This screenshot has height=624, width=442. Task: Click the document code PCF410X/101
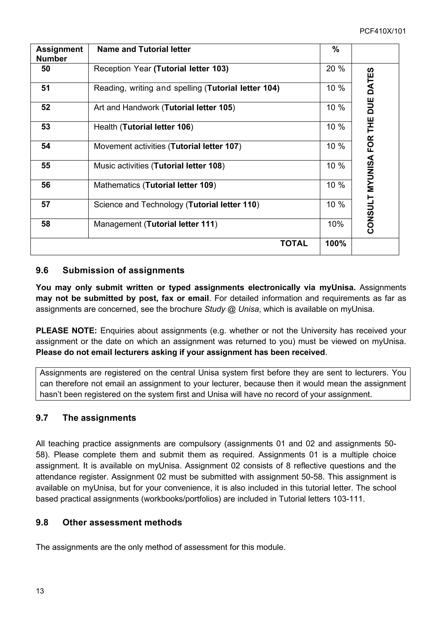point(382,31)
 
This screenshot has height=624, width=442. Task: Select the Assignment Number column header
point(59,54)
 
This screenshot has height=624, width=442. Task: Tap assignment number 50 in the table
point(46,69)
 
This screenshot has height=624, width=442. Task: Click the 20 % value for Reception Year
point(335,69)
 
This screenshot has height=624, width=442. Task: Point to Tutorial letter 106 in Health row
point(156,127)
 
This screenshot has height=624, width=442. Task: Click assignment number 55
point(46,166)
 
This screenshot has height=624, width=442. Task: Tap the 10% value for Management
point(335,224)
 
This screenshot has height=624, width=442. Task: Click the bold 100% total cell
point(335,243)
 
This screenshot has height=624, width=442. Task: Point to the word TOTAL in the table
point(294,243)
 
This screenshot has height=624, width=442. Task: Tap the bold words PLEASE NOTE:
point(66,331)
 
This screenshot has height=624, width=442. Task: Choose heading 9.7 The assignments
point(86,418)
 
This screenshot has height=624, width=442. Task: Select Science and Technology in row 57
point(139,205)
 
